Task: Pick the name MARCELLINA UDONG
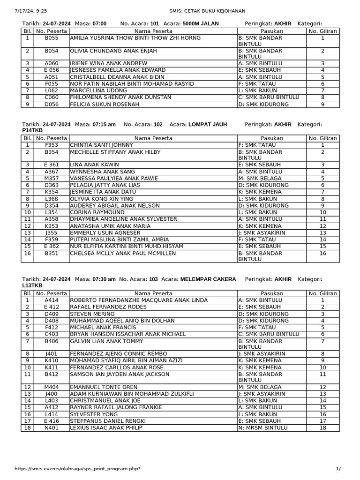pyautogui.click(x=93, y=90)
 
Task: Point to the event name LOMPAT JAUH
pyautogui.click(x=208, y=124)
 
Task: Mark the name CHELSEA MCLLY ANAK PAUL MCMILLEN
pyautogui.click(x=123, y=254)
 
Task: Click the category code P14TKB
pyautogui.click(x=32, y=130)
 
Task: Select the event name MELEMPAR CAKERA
pyautogui.click(x=208, y=279)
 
